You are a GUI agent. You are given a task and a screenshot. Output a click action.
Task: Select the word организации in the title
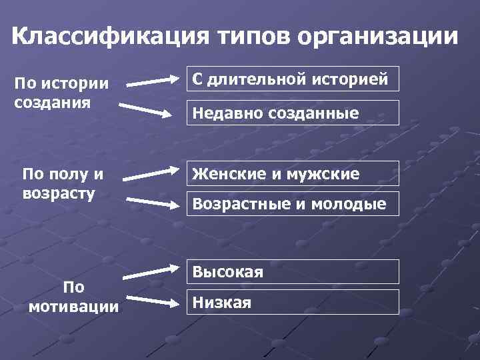(x=379, y=36)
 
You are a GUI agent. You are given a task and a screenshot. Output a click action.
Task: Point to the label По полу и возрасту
(x=63, y=184)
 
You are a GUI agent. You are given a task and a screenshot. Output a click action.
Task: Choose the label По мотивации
(x=74, y=297)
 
